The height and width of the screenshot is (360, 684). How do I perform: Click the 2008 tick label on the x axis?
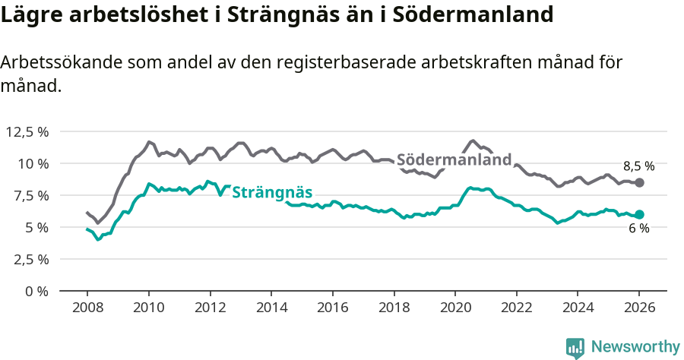(87, 309)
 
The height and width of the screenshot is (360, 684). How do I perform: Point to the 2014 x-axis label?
(271, 309)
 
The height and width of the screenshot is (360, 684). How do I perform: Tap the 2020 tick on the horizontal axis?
(454, 309)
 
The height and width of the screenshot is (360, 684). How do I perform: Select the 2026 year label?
(639, 309)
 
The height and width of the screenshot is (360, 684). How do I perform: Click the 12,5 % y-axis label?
(27, 131)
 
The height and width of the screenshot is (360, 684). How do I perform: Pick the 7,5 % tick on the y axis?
(30, 195)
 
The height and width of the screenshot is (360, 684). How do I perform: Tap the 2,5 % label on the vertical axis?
(30, 259)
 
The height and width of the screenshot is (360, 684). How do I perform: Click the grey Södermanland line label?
(454, 160)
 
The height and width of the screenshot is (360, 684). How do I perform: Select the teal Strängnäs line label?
(272, 192)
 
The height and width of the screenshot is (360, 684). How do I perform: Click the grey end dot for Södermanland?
(640, 183)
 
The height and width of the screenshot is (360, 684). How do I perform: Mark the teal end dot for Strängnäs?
(640, 215)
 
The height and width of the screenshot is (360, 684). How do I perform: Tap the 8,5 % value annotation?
(639, 166)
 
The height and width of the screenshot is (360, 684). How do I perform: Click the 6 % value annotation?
(638, 229)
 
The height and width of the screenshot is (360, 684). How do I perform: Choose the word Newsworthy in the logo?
(635, 347)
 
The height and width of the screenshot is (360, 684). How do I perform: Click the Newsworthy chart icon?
(575, 348)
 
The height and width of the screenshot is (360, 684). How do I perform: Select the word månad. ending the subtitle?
(30, 86)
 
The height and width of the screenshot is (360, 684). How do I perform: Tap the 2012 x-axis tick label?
(209, 309)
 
